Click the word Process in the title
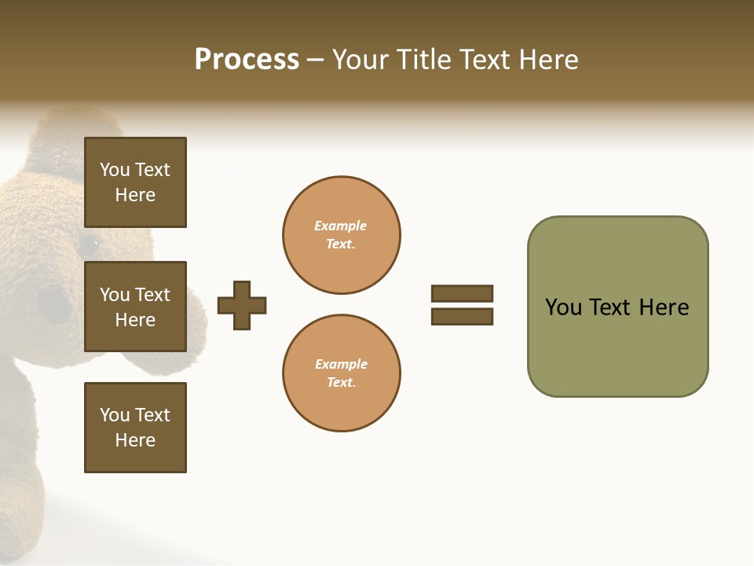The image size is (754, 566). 247,60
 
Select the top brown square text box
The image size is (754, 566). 135,182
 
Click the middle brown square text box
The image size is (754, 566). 135,307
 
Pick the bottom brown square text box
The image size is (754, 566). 135,428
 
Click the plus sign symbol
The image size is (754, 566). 242,305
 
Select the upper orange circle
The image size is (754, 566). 342,235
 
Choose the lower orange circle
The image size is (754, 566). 342,373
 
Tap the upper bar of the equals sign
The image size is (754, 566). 462,293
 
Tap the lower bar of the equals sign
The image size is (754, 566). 462,316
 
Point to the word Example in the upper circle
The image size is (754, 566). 341,226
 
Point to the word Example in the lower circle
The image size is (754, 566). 341,364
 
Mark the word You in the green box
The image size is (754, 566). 563,307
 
